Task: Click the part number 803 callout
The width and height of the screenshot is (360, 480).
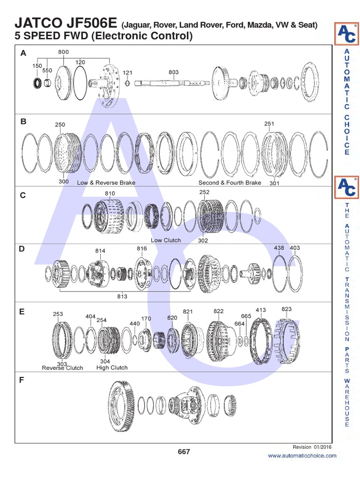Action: click(x=173, y=72)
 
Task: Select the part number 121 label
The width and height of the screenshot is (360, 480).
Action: click(x=128, y=73)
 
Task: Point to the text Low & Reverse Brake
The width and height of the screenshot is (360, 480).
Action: click(x=106, y=183)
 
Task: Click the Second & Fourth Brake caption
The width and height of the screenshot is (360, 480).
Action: click(x=230, y=183)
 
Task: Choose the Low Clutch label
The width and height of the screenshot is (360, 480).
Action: click(x=165, y=240)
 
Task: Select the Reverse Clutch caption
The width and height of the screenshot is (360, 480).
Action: click(x=62, y=368)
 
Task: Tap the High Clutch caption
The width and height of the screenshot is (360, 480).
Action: click(x=112, y=367)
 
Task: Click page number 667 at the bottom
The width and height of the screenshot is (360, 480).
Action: click(x=184, y=452)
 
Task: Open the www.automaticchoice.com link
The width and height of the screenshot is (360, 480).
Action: click(x=302, y=456)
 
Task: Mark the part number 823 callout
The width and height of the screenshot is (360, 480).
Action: click(x=286, y=309)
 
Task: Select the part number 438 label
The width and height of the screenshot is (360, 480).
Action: click(x=279, y=247)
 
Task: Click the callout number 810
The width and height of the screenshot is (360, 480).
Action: click(x=110, y=193)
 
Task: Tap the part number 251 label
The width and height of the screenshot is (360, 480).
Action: click(x=269, y=124)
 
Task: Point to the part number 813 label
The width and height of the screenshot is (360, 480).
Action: click(x=122, y=296)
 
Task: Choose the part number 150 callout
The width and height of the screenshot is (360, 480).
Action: click(x=37, y=66)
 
